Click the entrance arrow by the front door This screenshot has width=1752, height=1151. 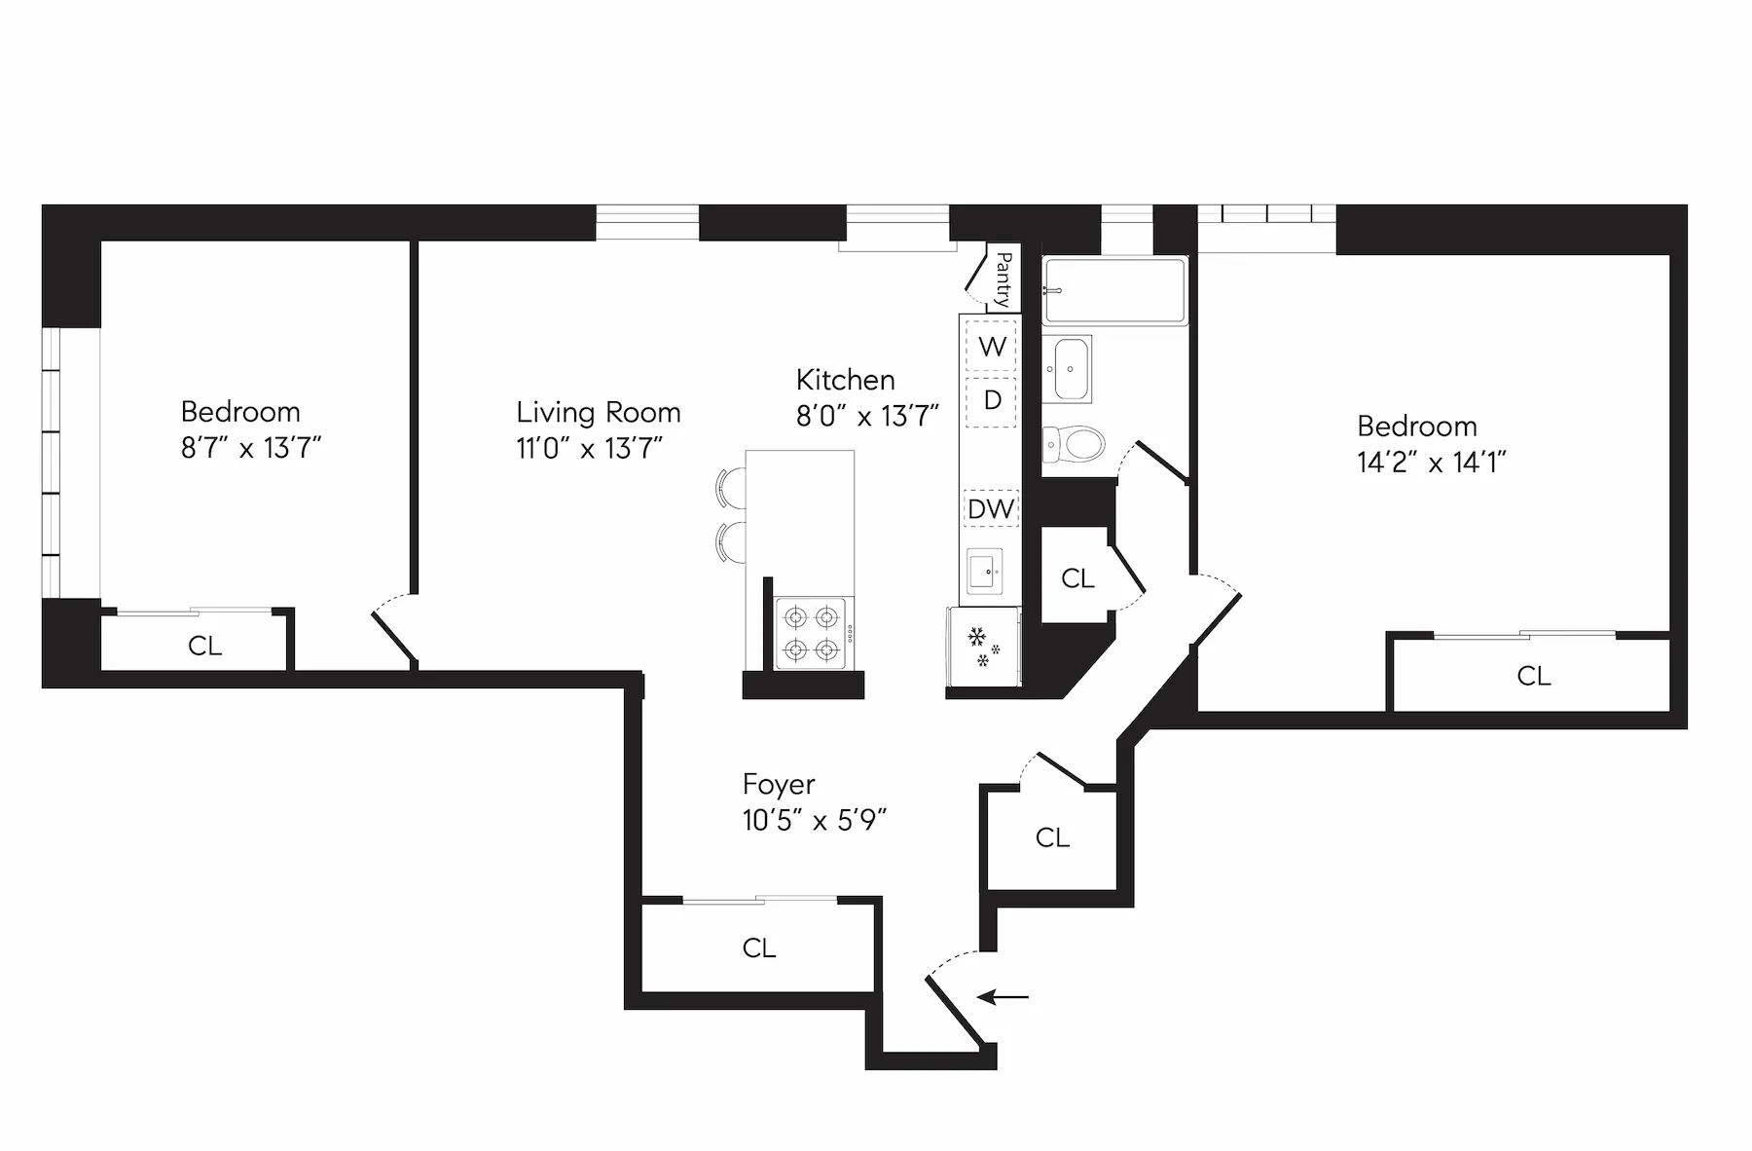(x=1003, y=997)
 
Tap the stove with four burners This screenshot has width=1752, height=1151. (x=813, y=633)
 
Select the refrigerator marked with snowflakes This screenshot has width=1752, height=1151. (x=982, y=648)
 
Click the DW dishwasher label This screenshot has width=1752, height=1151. (x=990, y=508)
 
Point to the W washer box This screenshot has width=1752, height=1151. (x=991, y=347)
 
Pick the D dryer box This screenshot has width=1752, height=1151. (x=992, y=400)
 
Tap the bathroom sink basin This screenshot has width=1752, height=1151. (x=1072, y=369)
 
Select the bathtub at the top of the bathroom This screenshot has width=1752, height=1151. (x=1114, y=290)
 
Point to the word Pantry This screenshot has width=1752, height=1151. (x=1004, y=279)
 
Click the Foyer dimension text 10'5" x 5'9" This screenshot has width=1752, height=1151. (x=814, y=821)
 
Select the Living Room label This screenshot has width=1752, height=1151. (x=598, y=413)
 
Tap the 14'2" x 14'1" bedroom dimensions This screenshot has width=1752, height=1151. (x=1431, y=463)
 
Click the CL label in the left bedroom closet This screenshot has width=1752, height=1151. (x=204, y=646)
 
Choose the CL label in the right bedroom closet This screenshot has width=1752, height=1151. (x=1533, y=676)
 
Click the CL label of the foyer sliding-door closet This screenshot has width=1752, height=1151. (x=758, y=948)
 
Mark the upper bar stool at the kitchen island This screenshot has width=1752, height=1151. (x=731, y=487)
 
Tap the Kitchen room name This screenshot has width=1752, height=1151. (x=845, y=380)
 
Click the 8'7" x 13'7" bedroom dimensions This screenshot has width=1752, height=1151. (x=251, y=448)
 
